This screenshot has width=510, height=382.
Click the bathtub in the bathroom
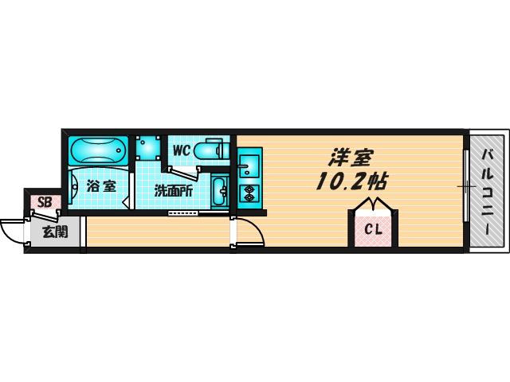pos(98,150)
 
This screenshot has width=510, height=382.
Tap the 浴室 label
pos(101,188)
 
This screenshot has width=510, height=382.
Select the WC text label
pos(180,150)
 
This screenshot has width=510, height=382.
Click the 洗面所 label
pos(173,191)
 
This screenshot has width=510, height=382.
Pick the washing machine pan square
pos(147,147)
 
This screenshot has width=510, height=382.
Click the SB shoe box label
pos(45,202)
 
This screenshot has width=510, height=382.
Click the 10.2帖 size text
pos(351,181)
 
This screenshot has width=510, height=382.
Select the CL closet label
pos(373,231)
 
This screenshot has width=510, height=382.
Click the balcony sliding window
pos(465,187)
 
